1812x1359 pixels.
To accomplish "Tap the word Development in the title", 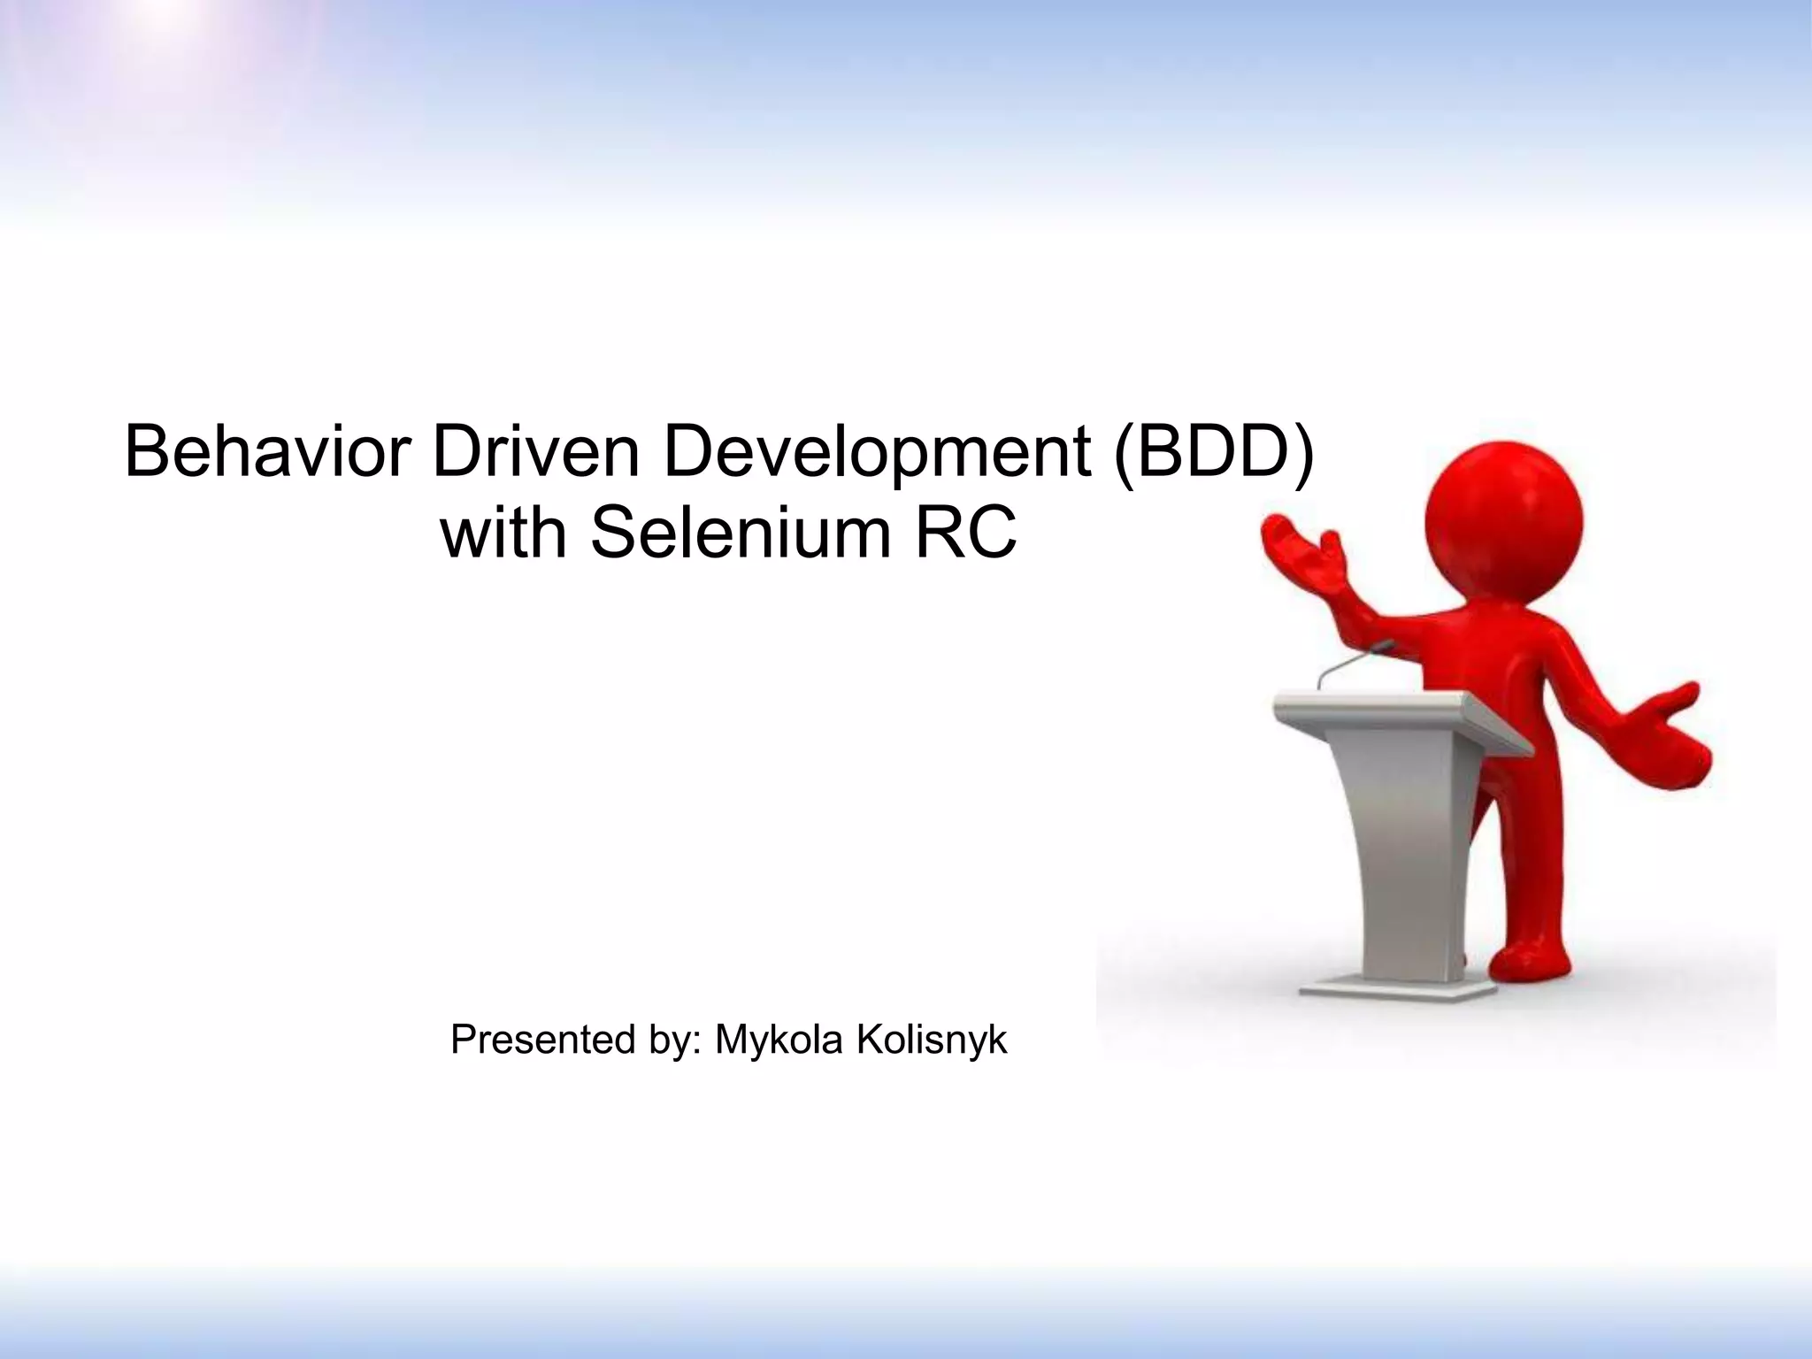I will pyautogui.click(x=876, y=452).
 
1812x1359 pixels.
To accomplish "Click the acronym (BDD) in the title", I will pyautogui.click(x=1212, y=452).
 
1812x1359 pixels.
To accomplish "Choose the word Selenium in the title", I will pyautogui.click(x=743, y=534).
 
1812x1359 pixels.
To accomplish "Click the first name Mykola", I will pyautogui.click(x=779, y=1040).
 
